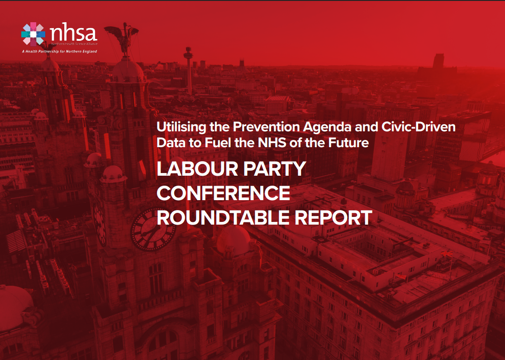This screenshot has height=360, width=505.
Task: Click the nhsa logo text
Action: (x=73, y=33)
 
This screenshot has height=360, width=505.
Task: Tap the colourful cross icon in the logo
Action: (x=33, y=34)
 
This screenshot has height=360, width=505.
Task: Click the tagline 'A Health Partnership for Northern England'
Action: (x=59, y=51)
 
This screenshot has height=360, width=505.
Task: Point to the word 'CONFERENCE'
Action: (x=223, y=193)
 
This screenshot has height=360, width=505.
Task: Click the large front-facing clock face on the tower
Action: (x=152, y=229)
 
